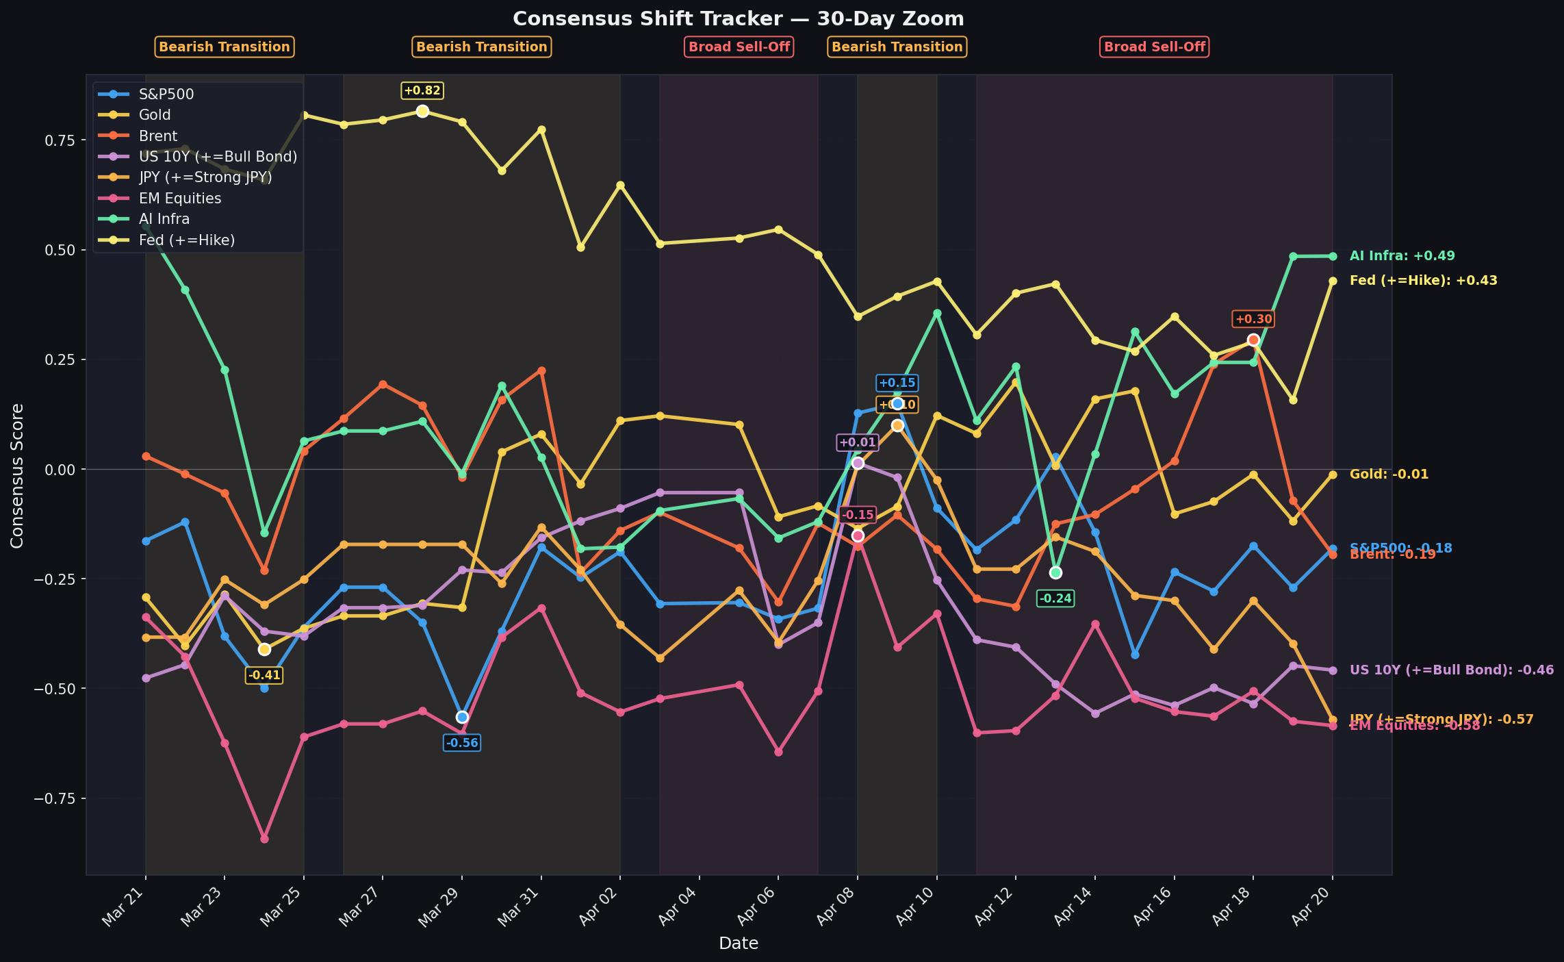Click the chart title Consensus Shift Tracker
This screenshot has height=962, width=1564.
(x=738, y=19)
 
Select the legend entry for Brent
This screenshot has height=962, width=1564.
(x=157, y=136)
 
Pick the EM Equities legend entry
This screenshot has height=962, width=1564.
(x=179, y=199)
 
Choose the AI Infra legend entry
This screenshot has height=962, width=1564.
(x=164, y=219)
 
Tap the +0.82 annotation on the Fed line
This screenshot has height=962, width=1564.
(x=422, y=90)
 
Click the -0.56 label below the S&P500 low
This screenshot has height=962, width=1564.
(x=461, y=743)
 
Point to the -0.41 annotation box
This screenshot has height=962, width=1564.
(x=264, y=675)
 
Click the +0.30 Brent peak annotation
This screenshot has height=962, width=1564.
(x=1253, y=319)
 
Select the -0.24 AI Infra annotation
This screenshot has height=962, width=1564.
(x=1055, y=598)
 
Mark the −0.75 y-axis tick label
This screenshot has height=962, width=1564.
(x=58, y=798)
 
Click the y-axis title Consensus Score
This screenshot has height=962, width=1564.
(x=17, y=475)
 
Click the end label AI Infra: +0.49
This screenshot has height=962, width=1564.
(x=1402, y=256)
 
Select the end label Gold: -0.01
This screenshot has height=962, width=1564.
(x=1389, y=474)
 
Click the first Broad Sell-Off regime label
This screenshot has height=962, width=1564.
(x=739, y=47)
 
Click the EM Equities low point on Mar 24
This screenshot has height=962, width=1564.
(x=264, y=839)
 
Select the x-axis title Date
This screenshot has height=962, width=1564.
(x=738, y=944)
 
